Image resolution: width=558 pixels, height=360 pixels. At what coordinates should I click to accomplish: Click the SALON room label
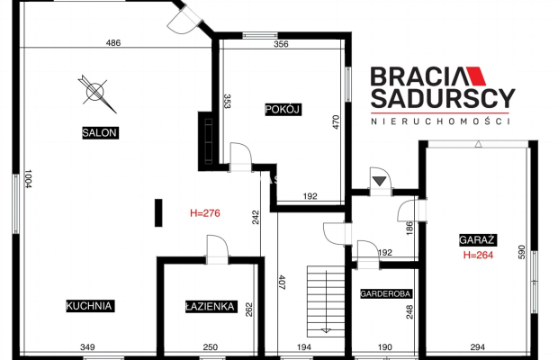pyautogui.click(x=100, y=132)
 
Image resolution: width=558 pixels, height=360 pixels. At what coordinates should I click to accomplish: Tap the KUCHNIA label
pyautogui.click(x=90, y=306)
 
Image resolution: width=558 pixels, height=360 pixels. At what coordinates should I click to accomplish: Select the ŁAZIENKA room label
pyautogui.click(x=211, y=307)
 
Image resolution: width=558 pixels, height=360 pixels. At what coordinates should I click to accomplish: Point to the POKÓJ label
pyautogui.click(x=283, y=109)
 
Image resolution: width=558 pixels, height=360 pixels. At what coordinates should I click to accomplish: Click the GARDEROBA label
pyautogui.click(x=386, y=293)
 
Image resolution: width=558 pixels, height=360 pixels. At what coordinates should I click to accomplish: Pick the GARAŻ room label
pyautogui.click(x=478, y=239)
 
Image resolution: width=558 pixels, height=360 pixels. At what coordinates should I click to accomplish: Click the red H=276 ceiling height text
pyautogui.click(x=205, y=213)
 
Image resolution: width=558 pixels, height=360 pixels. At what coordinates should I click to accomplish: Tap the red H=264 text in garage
pyautogui.click(x=478, y=255)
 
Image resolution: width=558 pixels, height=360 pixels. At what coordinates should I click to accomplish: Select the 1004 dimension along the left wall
pyautogui.click(x=28, y=178)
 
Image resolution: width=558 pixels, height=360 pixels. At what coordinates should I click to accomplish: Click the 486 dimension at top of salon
pyautogui.click(x=113, y=43)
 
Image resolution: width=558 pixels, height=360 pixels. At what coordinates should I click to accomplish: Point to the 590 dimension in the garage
pyautogui.click(x=521, y=252)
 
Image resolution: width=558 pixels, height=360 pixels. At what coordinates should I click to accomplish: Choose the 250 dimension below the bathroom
pyautogui.click(x=211, y=346)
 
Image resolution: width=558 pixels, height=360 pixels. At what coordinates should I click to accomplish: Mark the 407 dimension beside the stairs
pyautogui.click(x=282, y=282)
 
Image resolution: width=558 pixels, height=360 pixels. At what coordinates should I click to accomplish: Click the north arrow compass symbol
pyautogui.click(x=96, y=94)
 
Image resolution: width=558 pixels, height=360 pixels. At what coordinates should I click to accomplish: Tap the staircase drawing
pyautogui.click(x=326, y=301)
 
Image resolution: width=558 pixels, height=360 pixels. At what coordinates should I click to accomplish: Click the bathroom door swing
pyautogui.click(x=217, y=246)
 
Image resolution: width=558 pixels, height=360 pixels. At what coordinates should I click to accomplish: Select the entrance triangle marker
pyautogui.click(x=380, y=181)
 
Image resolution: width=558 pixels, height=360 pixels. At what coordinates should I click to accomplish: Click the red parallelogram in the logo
pyautogui.click(x=476, y=76)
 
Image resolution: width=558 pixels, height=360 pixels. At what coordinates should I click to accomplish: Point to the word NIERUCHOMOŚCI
pyautogui.click(x=441, y=121)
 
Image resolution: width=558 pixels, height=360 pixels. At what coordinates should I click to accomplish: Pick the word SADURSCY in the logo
pyautogui.click(x=443, y=98)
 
